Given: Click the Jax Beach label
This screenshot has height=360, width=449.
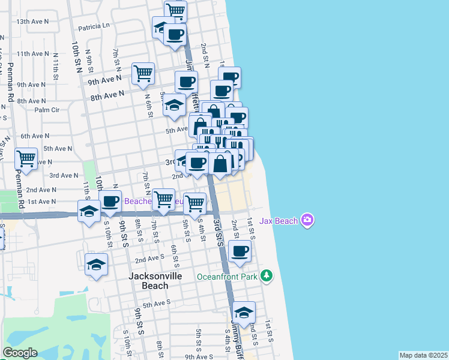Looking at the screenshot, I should [x=279, y=221].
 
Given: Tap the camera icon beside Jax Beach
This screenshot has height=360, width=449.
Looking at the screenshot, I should [x=308, y=221].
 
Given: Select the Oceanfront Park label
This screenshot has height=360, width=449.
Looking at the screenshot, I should [x=228, y=277].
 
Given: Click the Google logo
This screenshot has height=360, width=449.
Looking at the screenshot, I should [x=20, y=353].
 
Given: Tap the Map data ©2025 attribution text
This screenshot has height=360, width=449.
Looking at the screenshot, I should [x=423, y=355].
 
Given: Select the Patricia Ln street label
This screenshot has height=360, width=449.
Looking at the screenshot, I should [x=94, y=26].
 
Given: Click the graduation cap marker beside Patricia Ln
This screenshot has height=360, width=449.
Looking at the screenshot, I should [x=162, y=27].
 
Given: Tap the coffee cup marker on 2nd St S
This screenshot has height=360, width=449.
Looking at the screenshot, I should [x=240, y=251].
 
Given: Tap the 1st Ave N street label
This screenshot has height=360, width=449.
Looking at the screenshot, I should [x=41, y=202].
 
